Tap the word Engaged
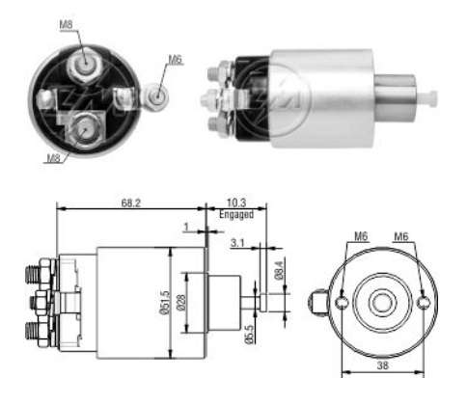coord(235,216)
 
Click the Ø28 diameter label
coord(180,301)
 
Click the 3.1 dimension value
coord(236,243)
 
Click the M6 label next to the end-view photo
coord(175,59)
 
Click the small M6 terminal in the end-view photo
coord(159,95)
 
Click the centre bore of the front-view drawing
coord(382,303)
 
